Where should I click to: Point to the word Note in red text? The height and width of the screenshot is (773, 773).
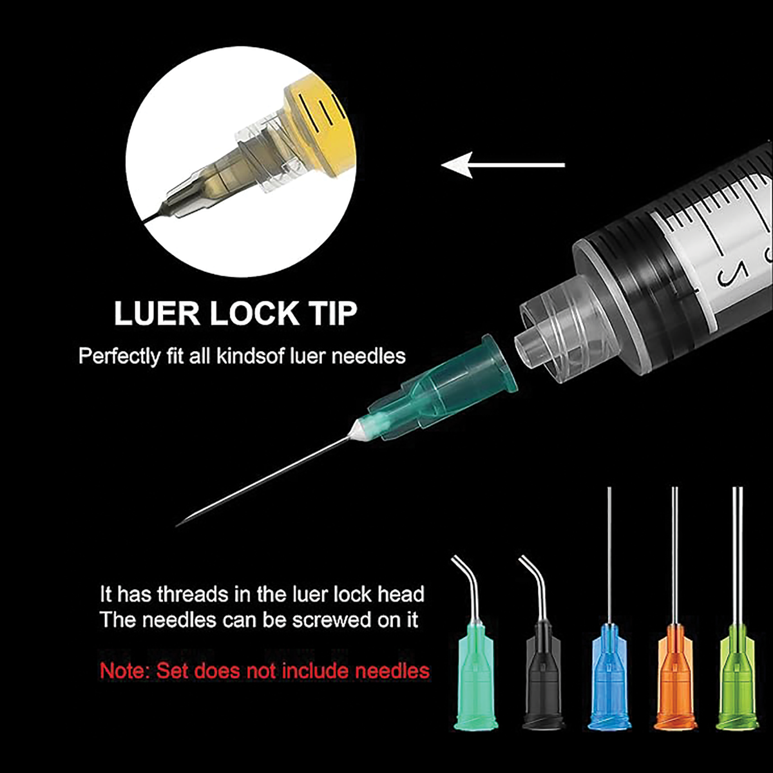click(124, 671)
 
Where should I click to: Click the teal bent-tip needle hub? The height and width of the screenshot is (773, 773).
click(476, 678)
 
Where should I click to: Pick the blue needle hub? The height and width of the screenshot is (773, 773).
click(609, 678)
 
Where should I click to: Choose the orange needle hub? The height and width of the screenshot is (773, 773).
click(676, 678)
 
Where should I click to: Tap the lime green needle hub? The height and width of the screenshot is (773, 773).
click(738, 678)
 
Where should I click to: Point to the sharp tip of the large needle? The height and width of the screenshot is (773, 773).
click(177, 526)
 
